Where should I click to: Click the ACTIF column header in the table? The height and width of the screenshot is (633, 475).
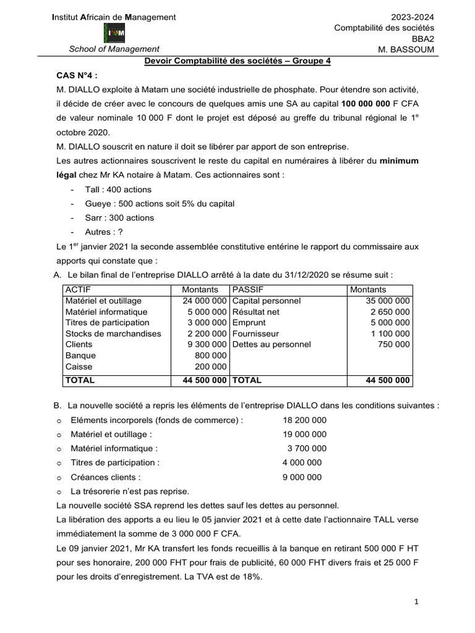(78, 289)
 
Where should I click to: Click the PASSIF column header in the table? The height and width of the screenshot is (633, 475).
(247, 289)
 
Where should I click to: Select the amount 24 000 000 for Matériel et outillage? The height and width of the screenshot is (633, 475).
(204, 300)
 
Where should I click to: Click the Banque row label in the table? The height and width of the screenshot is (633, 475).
(80, 355)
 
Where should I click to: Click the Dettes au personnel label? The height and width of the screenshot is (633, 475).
(271, 344)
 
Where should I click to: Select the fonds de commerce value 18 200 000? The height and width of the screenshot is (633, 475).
(304, 420)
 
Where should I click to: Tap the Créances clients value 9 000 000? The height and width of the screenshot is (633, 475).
(302, 477)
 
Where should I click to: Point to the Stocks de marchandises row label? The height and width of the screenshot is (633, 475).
(113, 334)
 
